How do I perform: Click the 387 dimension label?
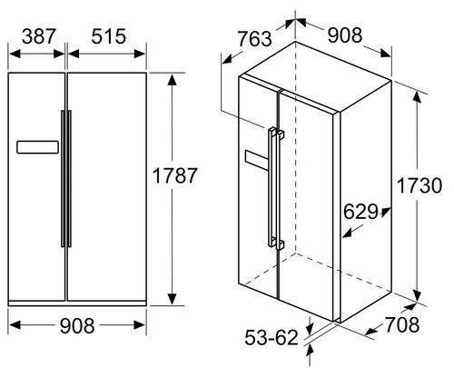pos(39,36)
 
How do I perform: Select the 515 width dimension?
pos(109,36)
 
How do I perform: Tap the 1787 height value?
pos(174,175)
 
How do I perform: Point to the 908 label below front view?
pos(77,326)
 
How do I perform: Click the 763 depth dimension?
pos(254,39)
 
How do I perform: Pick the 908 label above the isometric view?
pos(345,35)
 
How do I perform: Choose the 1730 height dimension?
pos(419,185)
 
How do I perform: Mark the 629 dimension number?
pos(360,212)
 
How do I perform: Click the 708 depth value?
pos(402,324)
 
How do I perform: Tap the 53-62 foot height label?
pos(271,337)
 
